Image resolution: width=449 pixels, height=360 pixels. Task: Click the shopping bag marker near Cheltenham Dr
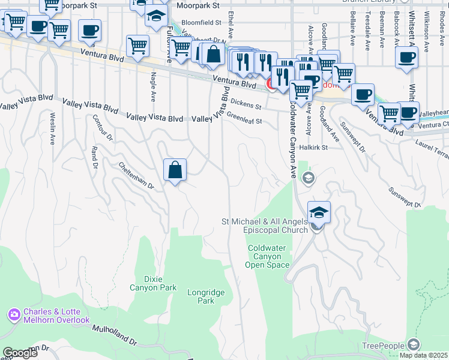click(175, 170)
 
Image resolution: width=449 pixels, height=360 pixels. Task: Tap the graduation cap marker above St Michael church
click(319, 212)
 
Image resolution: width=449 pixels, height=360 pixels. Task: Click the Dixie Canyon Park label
click(153, 283)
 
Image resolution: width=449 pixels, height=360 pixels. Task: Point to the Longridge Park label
click(201, 296)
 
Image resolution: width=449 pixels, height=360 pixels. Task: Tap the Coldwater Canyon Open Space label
click(268, 256)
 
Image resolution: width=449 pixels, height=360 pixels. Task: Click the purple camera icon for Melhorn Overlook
click(14, 314)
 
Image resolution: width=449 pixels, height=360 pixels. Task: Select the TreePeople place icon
click(413, 344)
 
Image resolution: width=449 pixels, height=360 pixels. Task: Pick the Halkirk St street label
click(314, 147)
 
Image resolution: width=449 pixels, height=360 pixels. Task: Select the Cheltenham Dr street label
click(136, 176)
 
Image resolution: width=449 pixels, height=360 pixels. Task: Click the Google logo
click(20, 353)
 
